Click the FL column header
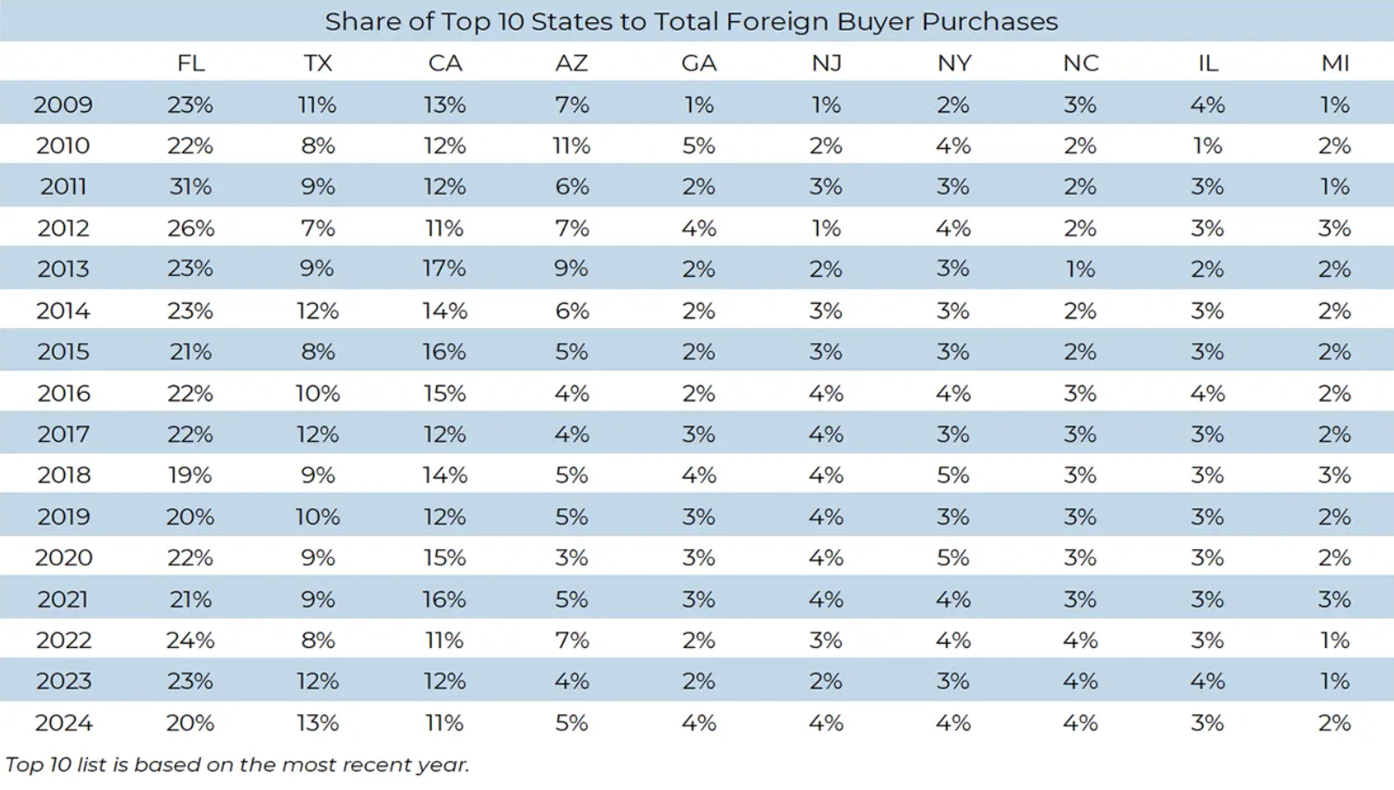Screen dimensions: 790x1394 pos(190,63)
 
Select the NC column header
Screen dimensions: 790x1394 pos(1080,63)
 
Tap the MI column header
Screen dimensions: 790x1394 pos(1335,63)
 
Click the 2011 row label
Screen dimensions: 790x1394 pos(63,187)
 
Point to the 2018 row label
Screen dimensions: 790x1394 pos(63,475)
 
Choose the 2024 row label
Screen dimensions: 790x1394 pos(63,723)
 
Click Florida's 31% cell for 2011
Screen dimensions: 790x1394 pos(190,187)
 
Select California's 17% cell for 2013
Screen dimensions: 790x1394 pos(444,269)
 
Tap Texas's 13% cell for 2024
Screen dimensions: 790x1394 pos(317,723)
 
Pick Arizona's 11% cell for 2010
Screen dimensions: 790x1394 pos(571,145)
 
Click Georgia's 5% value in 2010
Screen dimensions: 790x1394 pos(699,145)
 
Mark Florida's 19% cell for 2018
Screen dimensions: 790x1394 pos(190,475)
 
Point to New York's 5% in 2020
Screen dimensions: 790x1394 pos(953,557)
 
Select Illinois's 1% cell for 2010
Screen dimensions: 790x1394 pos(1207,145)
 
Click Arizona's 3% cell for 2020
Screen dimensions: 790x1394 pos(571,557)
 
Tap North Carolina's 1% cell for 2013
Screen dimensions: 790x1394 pos(1080,269)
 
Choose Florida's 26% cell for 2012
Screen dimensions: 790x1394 pos(190,228)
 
